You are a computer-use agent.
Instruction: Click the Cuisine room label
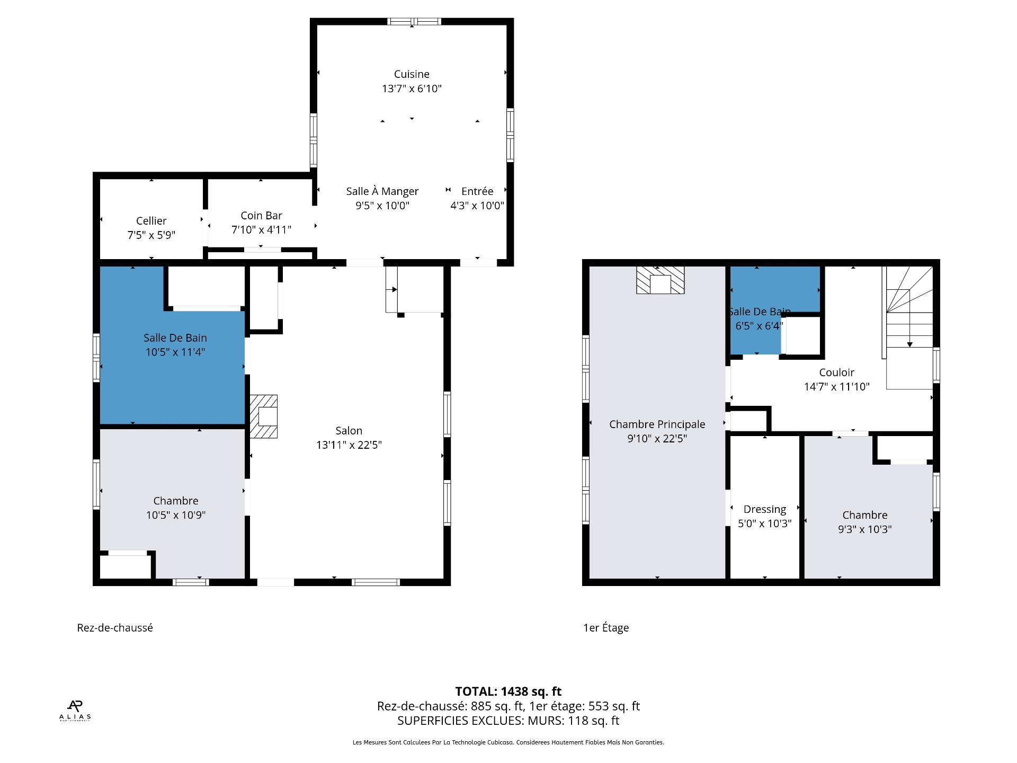(412, 74)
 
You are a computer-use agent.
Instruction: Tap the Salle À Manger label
(382, 191)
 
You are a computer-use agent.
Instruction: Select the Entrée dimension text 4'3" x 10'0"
(477, 206)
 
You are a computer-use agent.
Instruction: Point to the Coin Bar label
(261, 216)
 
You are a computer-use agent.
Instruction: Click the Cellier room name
(151, 221)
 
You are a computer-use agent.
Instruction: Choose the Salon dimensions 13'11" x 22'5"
(349, 445)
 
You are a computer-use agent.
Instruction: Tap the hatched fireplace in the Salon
(264, 416)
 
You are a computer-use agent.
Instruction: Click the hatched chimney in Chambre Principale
(660, 280)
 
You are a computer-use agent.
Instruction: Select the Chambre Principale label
(657, 424)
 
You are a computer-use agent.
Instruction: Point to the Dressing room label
(765, 509)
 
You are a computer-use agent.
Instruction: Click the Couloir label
(837, 372)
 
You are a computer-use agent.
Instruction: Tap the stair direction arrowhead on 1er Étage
(910, 345)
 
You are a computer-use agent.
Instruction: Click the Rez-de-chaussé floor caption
(115, 628)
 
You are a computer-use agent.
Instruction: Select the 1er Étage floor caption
(606, 628)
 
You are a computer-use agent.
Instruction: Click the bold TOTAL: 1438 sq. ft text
(508, 691)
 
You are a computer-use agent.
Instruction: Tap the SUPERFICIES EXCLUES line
(508, 721)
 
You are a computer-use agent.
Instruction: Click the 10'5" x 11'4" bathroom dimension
(175, 352)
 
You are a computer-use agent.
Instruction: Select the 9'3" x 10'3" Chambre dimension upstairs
(865, 529)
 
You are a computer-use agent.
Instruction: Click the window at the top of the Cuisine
(414, 22)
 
